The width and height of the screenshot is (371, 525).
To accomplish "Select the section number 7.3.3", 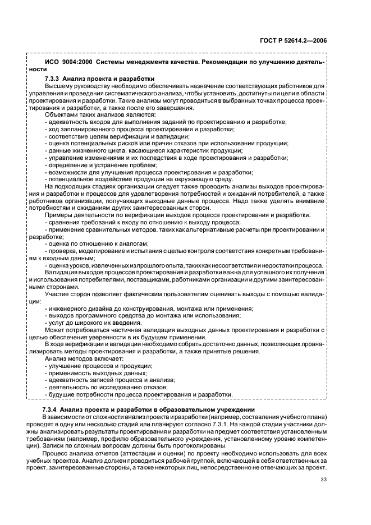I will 54,78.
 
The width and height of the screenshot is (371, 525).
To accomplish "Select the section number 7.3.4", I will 54,410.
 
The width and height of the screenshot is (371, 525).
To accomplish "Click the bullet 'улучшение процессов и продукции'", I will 95,366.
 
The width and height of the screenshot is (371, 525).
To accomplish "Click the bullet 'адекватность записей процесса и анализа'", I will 109,380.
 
